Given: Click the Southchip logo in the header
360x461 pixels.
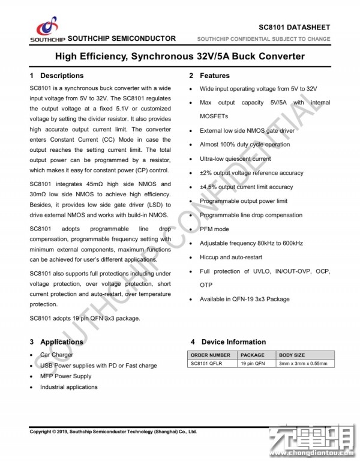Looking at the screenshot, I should (47, 29).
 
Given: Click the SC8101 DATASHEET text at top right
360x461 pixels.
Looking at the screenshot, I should (294, 28).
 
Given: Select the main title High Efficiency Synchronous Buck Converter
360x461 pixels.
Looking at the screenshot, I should (180, 56).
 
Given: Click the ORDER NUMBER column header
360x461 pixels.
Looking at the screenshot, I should (210, 355).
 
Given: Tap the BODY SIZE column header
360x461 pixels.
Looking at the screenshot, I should (292, 355).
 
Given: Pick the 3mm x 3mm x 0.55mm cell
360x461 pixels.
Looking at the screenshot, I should (303, 364).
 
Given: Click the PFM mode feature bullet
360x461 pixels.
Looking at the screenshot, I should (214, 229).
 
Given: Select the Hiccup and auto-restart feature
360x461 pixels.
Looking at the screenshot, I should (231, 257).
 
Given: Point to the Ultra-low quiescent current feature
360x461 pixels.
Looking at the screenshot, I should (235, 158).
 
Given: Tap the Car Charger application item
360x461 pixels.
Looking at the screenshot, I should (57, 355).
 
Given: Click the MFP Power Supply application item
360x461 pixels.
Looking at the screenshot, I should (66, 376).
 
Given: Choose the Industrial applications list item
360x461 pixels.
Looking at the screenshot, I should (68, 387).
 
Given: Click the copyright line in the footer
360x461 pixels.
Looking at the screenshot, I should (113, 432).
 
